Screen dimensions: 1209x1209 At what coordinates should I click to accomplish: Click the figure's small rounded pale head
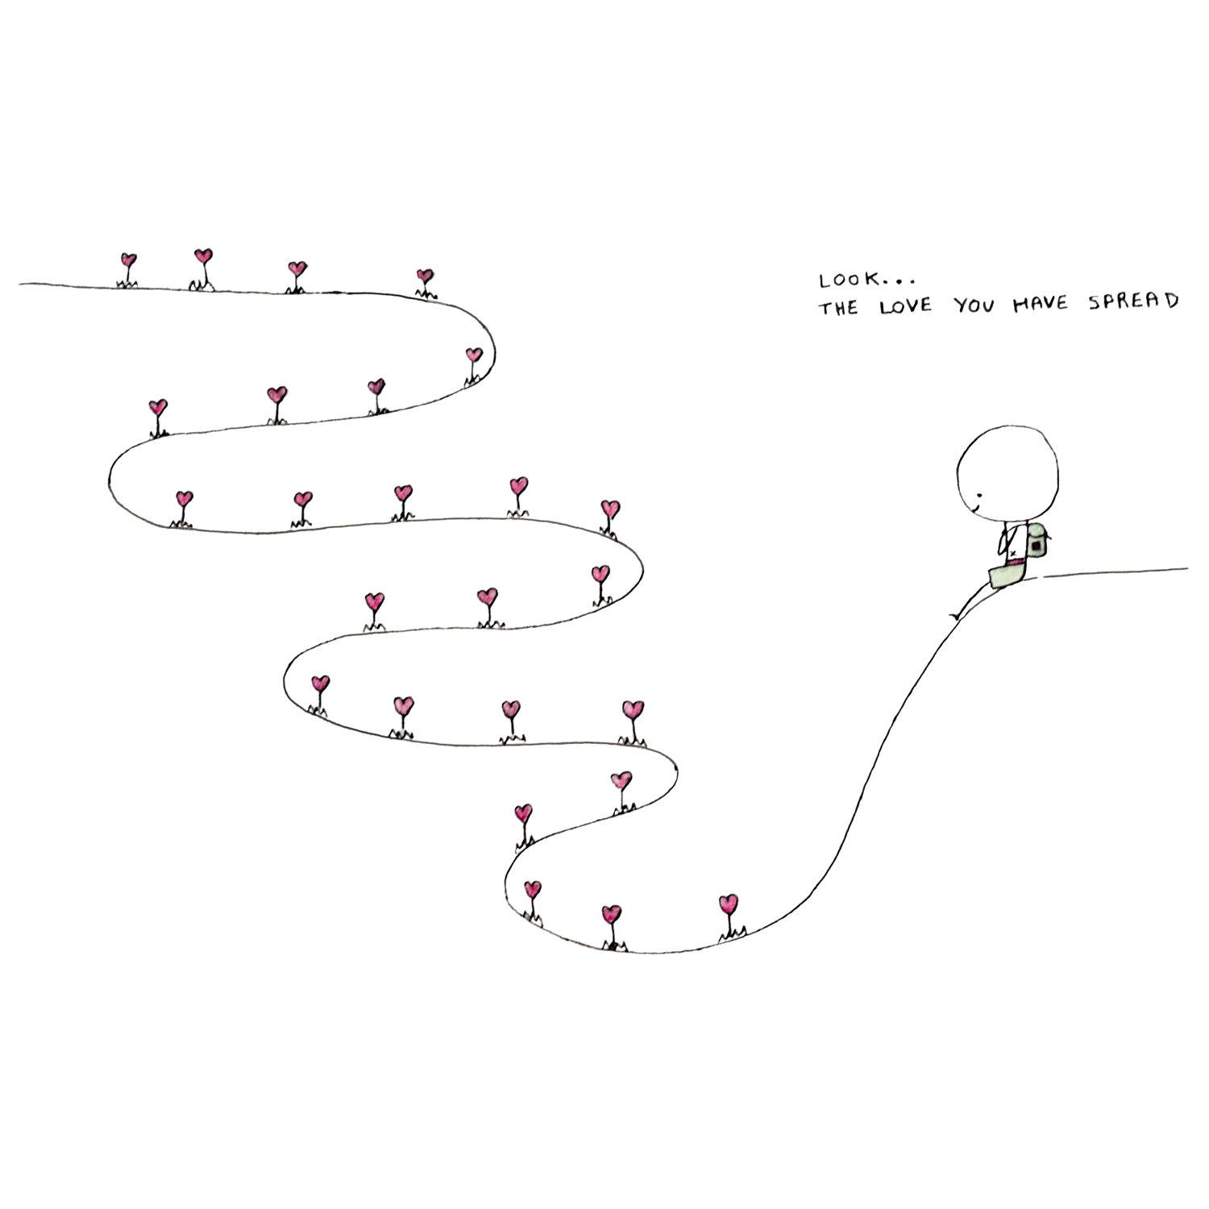point(1035,534)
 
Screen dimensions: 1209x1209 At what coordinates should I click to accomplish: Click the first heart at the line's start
point(127,261)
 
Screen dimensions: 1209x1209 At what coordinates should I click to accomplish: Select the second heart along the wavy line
point(202,257)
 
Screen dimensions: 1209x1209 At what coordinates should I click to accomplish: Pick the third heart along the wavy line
point(296,268)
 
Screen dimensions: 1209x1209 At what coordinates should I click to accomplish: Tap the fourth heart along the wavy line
point(424,276)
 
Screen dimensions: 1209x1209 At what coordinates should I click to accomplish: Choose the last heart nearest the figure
point(728,902)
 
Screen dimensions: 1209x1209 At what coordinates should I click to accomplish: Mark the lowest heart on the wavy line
point(612,913)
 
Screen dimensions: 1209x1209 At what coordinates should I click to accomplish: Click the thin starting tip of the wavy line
point(23,284)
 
